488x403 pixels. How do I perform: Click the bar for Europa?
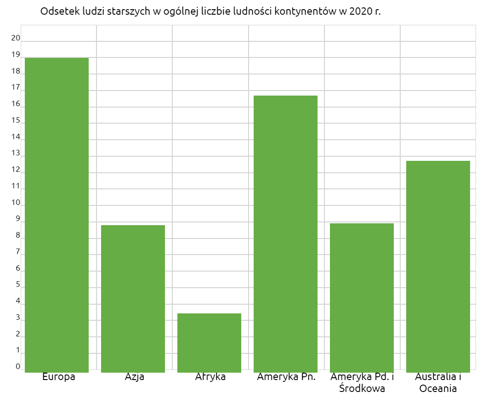(x=57, y=215)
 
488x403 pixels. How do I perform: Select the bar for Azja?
(x=133, y=298)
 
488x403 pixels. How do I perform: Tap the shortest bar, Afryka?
(x=209, y=342)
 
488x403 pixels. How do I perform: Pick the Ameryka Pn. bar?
(x=285, y=233)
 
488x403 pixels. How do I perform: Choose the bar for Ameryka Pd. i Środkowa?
(x=362, y=297)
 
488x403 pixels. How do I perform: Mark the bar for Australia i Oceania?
(x=438, y=266)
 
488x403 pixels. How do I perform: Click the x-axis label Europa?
(x=59, y=377)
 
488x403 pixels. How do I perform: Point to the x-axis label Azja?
(x=135, y=377)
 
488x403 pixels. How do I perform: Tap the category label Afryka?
(x=210, y=377)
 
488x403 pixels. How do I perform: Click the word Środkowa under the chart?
(x=362, y=388)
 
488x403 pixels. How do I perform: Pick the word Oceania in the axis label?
(x=438, y=388)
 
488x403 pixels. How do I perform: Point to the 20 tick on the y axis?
(x=16, y=38)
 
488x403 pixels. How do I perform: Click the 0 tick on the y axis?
(x=18, y=366)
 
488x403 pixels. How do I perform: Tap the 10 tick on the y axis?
(x=16, y=202)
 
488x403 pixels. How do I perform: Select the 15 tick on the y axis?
(x=16, y=120)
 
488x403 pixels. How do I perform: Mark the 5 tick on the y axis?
(x=18, y=284)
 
